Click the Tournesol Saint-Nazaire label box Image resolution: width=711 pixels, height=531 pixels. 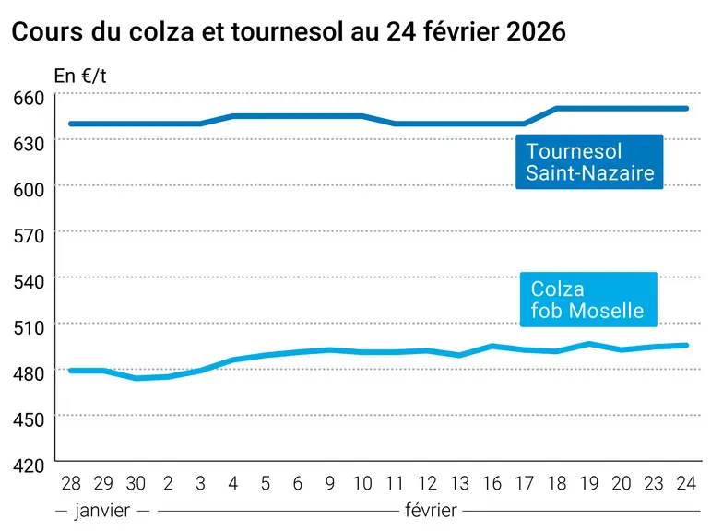click(x=589, y=161)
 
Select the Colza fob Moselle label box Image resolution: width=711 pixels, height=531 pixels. click(x=588, y=300)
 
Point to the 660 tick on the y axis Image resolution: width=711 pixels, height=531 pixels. click(x=29, y=98)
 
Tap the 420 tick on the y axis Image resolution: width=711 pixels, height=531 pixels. click(x=29, y=466)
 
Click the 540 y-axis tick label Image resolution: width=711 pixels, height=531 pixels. click(x=29, y=282)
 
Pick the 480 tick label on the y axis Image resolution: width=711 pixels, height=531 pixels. click(x=29, y=373)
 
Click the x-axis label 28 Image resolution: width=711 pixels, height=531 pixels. click(x=71, y=483)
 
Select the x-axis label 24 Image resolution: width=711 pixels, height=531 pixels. click(x=686, y=483)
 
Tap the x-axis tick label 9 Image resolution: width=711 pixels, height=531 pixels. click(x=330, y=483)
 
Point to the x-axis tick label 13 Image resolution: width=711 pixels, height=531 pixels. click(x=459, y=483)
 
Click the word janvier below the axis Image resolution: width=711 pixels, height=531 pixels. click(x=102, y=511)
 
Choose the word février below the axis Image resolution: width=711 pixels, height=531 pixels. click(x=431, y=511)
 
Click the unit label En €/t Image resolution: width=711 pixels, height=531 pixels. click(x=80, y=77)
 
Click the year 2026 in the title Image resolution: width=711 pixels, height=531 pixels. click(x=536, y=31)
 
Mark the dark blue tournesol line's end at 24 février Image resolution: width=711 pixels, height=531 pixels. click(x=686, y=109)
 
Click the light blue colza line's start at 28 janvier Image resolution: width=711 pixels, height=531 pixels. click(x=71, y=371)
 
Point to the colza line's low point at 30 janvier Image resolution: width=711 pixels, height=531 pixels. click(x=136, y=378)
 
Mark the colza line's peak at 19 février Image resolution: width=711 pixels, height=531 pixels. click(x=589, y=344)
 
